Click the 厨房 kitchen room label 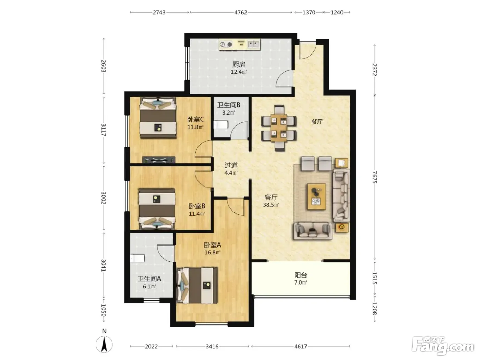pyautogui.click(x=239, y=64)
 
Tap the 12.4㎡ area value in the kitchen pyautogui.click(x=239, y=72)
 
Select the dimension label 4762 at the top pyautogui.click(x=241, y=12)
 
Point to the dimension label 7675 pyautogui.click(x=375, y=177)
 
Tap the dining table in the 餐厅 pyautogui.click(x=279, y=128)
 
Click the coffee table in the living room pyautogui.click(x=316, y=197)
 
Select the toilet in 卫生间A pyautogui.click(x=137, y=258)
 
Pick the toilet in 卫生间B pyautogui.click(x=221, y=125)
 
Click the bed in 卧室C pyautogui.click(x=158, y=118)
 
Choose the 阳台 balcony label pyautogui.click(x=301, y=275)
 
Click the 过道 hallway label pyautogui.click(x=231, y=165)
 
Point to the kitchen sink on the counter pyautogui.click(x=254, y=44)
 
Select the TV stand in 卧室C pyautogui.click(x=159, y=160)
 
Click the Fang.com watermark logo pyautogui.click(x=443, y=346)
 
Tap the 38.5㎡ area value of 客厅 pyautogui.click(x=271, y=205)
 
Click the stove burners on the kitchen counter pyautogui.click(x=226, y=44)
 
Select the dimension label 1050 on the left pyautogui.click(x=103, y=310)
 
